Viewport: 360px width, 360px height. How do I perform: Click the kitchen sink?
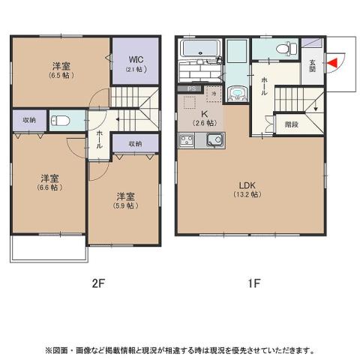(x=213, y=139)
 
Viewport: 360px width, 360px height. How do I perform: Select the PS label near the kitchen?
(x=192, y=89)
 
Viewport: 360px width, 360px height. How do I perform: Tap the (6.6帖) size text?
(x=51, y=187)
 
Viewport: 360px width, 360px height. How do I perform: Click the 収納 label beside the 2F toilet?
(x=28, y=120)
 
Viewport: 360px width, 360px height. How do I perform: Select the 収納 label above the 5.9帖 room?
(x=134, y=143)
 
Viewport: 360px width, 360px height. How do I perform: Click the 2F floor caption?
(x=97, y=283)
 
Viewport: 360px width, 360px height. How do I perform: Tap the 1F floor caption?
(x=254, y=283)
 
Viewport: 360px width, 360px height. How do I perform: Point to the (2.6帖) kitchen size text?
(x=201, y=123)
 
